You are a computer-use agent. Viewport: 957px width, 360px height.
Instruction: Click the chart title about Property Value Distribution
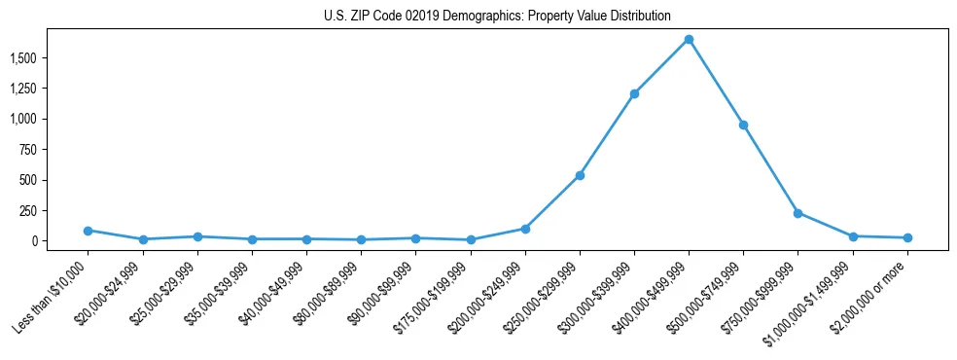497,17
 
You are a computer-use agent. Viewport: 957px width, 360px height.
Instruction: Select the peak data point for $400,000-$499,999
689,40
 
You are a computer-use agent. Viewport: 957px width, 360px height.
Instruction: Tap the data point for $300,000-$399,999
634,94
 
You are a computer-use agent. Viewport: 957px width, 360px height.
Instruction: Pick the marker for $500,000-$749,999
743,125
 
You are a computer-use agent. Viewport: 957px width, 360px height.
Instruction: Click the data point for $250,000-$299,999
580,175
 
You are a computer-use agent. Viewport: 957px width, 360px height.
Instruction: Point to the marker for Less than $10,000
88,231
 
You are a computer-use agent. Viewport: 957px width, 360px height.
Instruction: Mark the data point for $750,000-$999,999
797,213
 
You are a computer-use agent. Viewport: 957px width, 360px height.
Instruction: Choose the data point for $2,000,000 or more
907,237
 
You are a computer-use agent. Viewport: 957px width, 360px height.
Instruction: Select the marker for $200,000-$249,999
525,229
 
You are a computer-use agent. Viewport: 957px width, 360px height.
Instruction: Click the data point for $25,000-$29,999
197,236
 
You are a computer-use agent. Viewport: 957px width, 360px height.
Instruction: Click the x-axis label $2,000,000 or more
871,292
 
